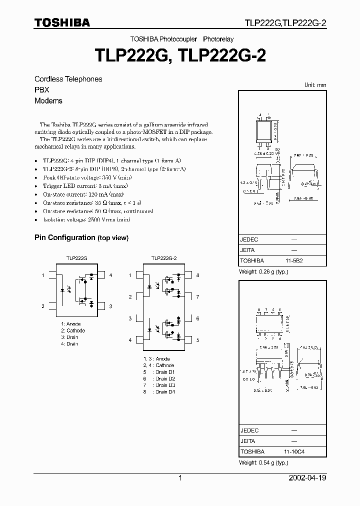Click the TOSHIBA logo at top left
(62, 22)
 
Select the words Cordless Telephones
(68, 79)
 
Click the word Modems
(48, 100)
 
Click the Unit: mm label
(315, 85)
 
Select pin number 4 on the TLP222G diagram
(110, 275)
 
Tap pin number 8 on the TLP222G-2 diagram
(197, 275)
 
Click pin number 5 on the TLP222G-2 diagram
(197, 340)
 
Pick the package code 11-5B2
(294, 260)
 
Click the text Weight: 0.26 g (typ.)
(264, 272)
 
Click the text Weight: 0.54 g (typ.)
(264, 463)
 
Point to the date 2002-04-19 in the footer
(307, 478)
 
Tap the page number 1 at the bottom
(180, 478)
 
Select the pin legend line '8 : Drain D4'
(156, 391)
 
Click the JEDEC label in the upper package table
(249, 239)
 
